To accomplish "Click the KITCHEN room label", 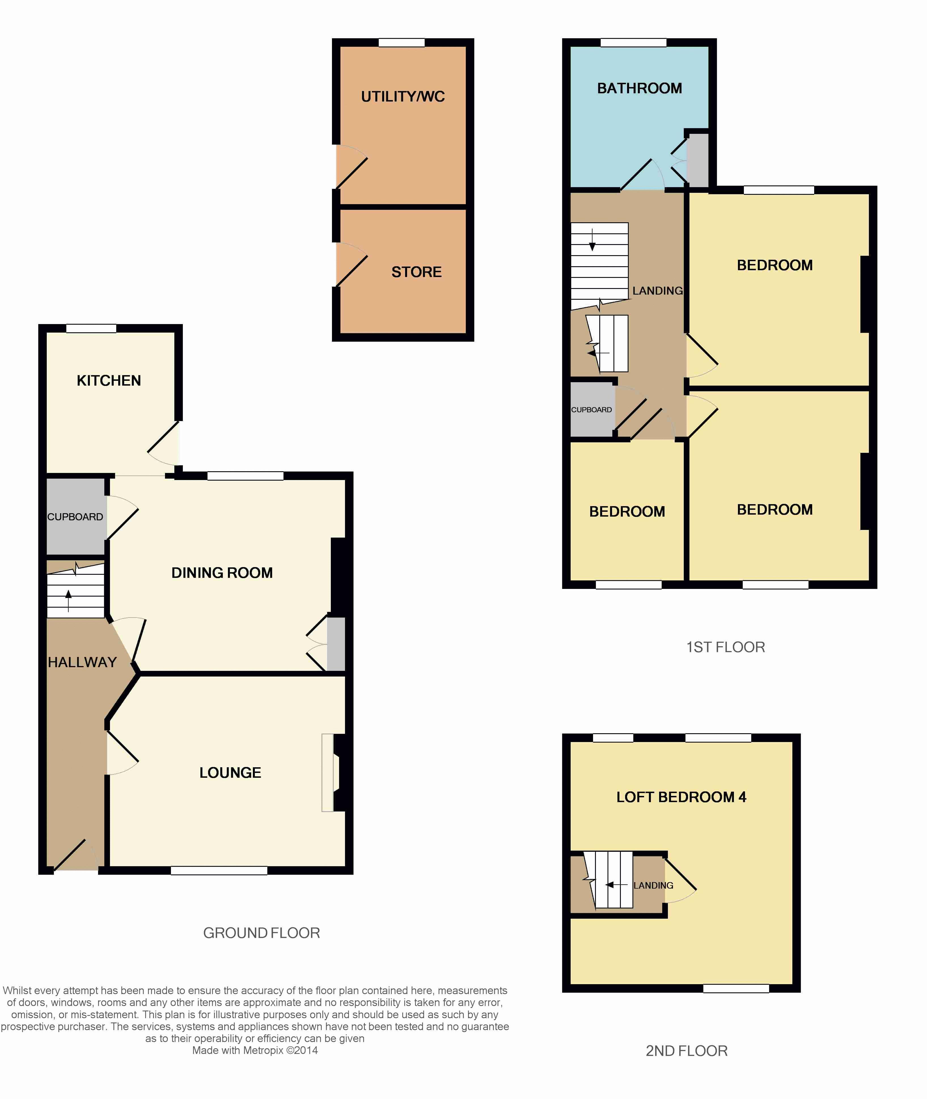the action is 109,381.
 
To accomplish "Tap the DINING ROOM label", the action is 222,573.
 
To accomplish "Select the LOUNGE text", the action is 230,773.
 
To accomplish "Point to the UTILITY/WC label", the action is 403,97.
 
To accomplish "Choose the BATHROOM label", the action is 640,88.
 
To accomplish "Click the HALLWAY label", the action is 82,662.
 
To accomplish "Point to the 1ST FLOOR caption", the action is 726,647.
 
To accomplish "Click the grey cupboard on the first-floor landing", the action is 592,409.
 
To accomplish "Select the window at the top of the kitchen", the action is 91,329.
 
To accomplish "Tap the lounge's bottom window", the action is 219,871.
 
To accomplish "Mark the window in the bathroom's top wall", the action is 634,43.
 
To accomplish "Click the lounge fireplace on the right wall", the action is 333,773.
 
